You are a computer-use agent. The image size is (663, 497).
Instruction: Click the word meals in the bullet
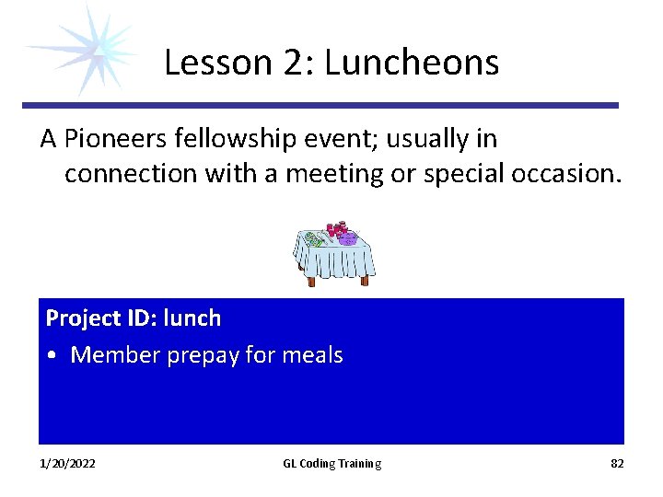click(311, 356)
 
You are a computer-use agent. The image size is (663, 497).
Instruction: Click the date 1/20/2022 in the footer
click(67, 464)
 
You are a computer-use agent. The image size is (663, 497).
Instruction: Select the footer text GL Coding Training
click(331, 464)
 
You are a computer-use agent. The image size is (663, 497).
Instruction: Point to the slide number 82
click(617, 464)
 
